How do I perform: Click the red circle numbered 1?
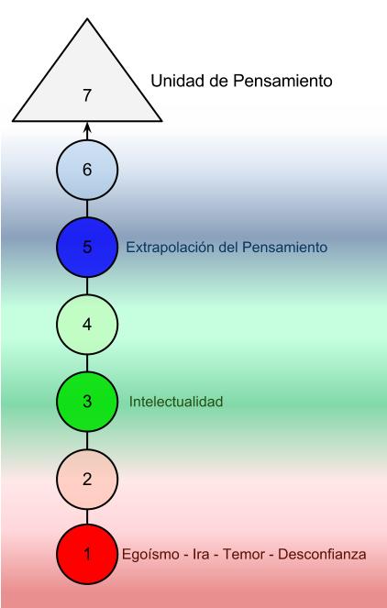click(87, 554)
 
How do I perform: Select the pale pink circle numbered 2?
click(87, 479)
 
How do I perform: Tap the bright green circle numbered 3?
click(87, 402)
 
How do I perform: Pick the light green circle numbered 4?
click(87, 324)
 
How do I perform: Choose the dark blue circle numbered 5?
click(87, 247)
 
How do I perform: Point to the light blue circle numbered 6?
click(87, 170)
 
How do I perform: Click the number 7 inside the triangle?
click(87, 95)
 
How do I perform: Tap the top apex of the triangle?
click(87, 18)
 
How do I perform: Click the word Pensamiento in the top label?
click(282, 81)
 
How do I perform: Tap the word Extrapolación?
click(171, 248)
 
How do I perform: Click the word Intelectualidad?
click(176, 402)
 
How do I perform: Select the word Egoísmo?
click(150, 554)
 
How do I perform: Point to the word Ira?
click(201, 554)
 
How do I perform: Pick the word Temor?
click(243, 554)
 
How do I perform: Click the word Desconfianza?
click(322, 554)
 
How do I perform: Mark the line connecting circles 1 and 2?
click(87, 516)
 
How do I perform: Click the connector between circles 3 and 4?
click(87, 363)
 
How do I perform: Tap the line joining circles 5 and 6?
click(87, 208)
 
